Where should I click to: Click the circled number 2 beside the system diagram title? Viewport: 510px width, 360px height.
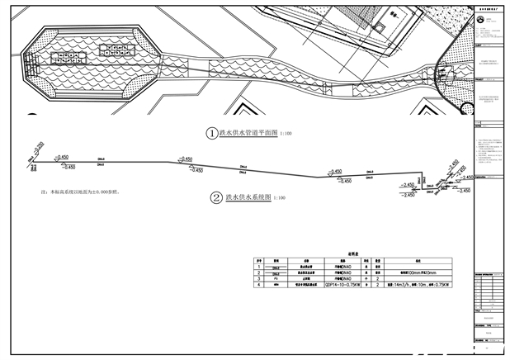pos(215,198)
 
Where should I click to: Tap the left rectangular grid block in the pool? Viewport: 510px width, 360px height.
pos(67,57)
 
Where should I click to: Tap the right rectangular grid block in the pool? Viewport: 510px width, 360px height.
pos(112,49)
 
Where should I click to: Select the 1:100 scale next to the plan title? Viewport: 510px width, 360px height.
pos(286,133)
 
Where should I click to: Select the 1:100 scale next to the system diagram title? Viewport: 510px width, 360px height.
pos(280,199)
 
